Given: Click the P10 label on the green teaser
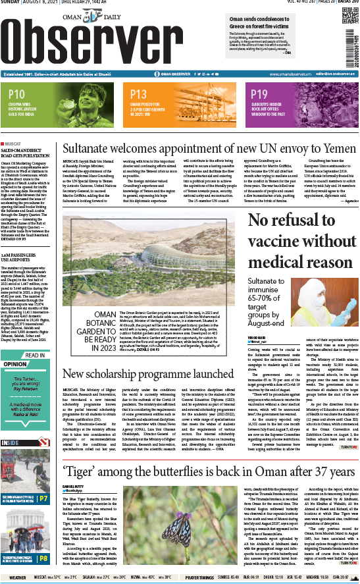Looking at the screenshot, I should click(x=17, y=93).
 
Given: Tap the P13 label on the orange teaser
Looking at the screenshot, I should click(x=138, y=93).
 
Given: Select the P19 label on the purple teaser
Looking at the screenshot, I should click(x=259, y=93).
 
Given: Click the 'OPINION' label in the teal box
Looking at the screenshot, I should click(x=16, y=363).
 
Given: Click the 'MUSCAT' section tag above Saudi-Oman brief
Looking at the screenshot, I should click(x=14, y=142).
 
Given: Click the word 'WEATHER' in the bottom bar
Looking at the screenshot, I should click(x=18, y=578).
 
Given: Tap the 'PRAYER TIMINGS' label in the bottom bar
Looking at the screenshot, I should click(x=199, y=578).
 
